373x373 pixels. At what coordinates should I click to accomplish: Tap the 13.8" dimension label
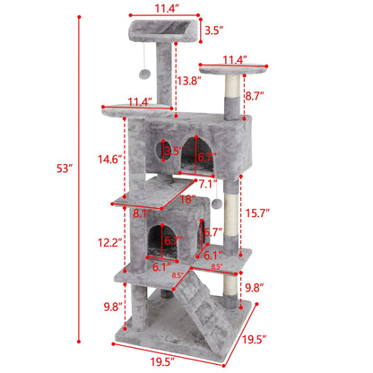[x=187, y=82]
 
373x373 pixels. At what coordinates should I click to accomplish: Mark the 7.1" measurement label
[x=208, y=185]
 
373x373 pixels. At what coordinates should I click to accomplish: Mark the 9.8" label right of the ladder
[x=256, y=288]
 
